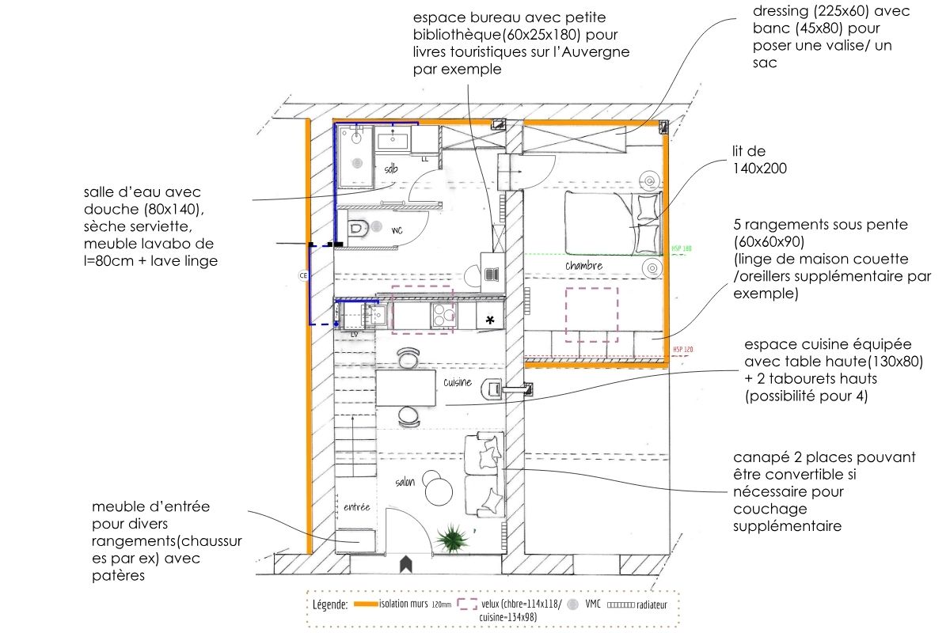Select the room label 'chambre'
click(583, 266)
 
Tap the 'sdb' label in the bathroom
click(391, 169)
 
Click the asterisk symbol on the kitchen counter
click(490, 320)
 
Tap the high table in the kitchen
click(405, 389)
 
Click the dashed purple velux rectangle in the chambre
click(591, 313)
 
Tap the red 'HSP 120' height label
click(682, 349)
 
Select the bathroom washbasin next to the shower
click(392, 141)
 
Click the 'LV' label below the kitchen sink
click(354, 334)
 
